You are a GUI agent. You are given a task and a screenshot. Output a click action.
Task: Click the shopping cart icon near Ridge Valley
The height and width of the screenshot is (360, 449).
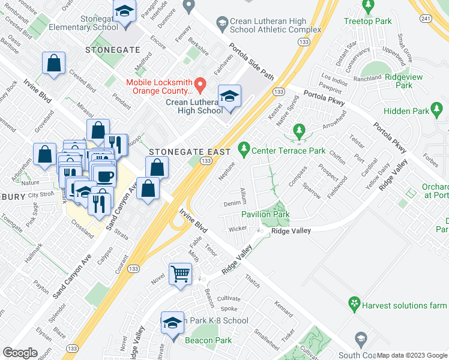tap(181, 274)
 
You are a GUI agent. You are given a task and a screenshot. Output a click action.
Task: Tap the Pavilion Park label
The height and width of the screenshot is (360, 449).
tap(265, 214)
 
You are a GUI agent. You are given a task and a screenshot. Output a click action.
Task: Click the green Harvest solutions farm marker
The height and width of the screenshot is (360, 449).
tap(355, 305)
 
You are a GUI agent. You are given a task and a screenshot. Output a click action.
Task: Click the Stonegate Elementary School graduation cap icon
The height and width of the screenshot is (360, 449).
tap(124, 11)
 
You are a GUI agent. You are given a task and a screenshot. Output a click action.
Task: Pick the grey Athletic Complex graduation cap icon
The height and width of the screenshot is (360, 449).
tap(222, 23)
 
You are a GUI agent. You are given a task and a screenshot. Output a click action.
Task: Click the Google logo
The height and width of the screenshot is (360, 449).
tap(20, 352)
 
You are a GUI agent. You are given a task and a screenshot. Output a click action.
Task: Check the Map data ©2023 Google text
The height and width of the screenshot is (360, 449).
tap(411, 355)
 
